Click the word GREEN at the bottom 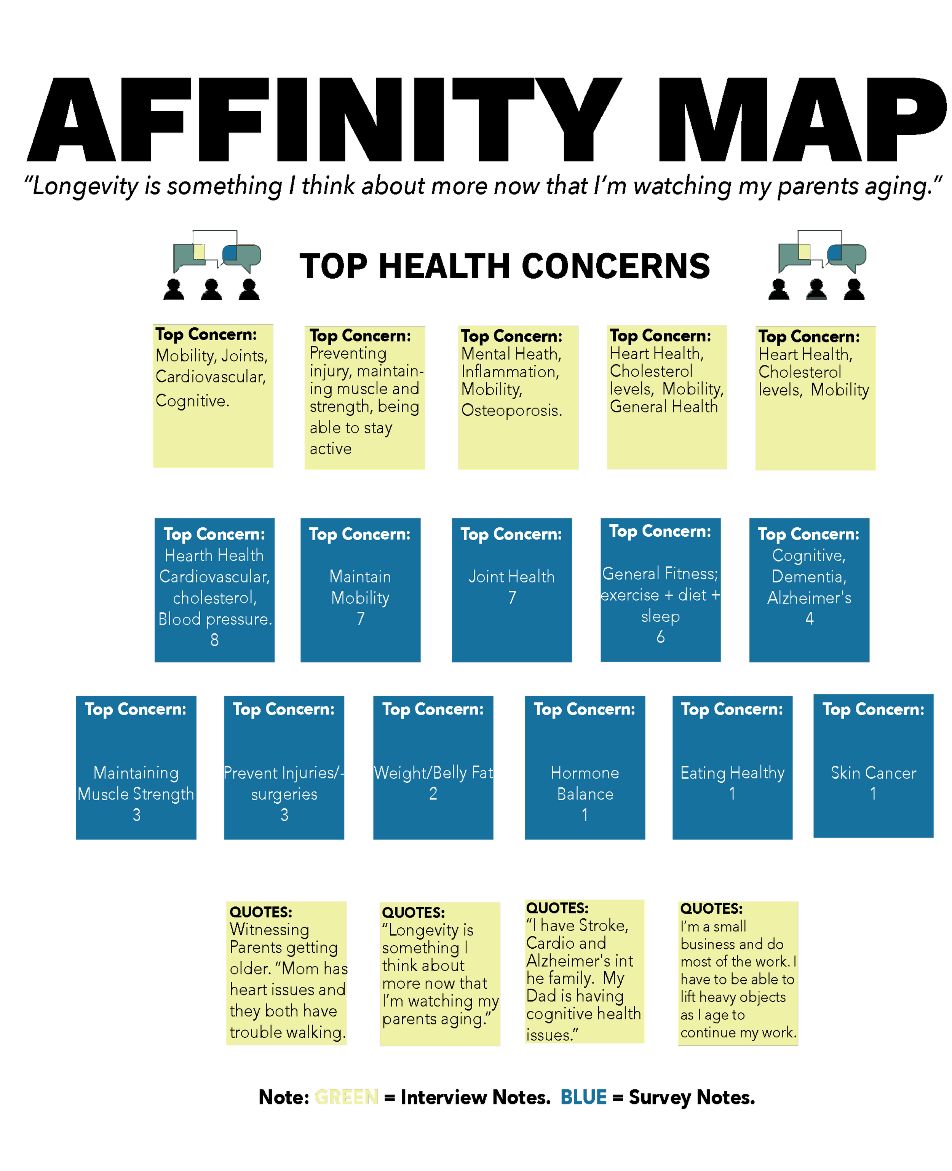point(346,1099)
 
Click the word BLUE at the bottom point(583,1099)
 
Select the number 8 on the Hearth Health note point(214,640)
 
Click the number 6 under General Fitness point(660,637)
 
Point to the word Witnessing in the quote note point(269,929)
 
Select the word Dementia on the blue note point(809,576)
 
